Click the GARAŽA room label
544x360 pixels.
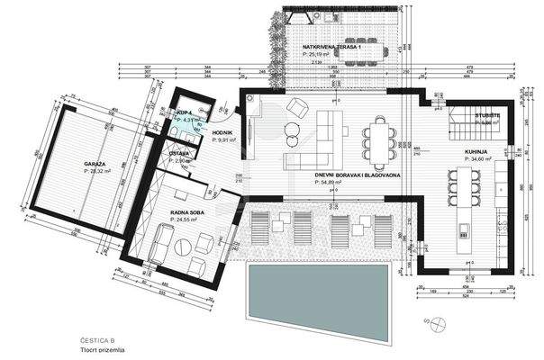(x=95, y=163)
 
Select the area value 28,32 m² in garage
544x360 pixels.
(x=96, y=170)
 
